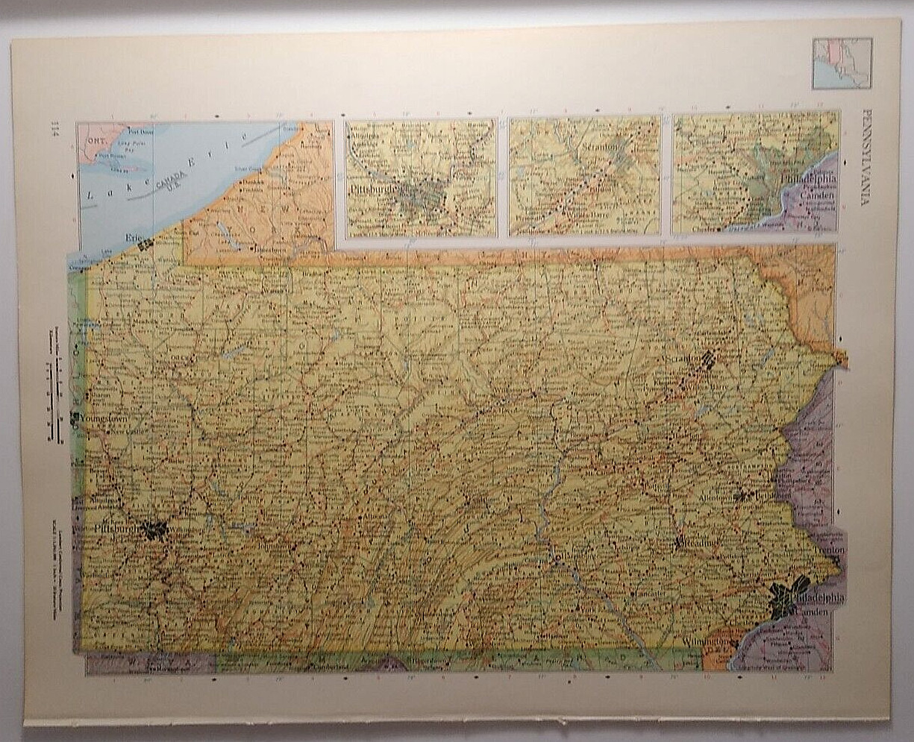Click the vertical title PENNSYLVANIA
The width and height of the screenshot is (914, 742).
[x=866, y=157]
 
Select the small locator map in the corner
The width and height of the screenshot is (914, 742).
[x=842, y=63]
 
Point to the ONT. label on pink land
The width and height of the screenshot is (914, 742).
[x=96, y=139]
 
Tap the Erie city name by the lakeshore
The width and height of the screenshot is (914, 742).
[x=134, y=237]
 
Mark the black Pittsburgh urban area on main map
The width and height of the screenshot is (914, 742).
[x=154, y=529]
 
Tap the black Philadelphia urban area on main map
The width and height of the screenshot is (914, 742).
[x=787, y=597]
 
